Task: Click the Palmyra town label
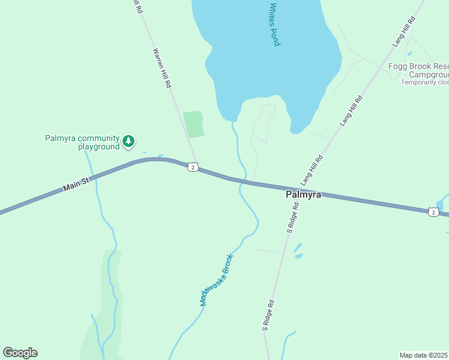coord(303,195)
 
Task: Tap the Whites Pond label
coord(274,25)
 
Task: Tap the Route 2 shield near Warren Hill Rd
coord(192,167)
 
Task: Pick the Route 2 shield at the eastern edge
coord(433,212)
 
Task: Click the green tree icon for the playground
coord(128,142)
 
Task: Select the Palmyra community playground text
coord(82,142)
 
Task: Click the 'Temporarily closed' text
coord(425,82)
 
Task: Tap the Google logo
coord(20,352)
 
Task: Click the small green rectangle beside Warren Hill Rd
coord(193,124)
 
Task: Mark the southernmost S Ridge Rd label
coord(268,316)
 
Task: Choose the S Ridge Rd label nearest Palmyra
coord(293,217)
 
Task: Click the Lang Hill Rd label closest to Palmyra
coord(312,170)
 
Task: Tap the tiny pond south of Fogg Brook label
coord(409,53)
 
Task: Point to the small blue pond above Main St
coord(160,157)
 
